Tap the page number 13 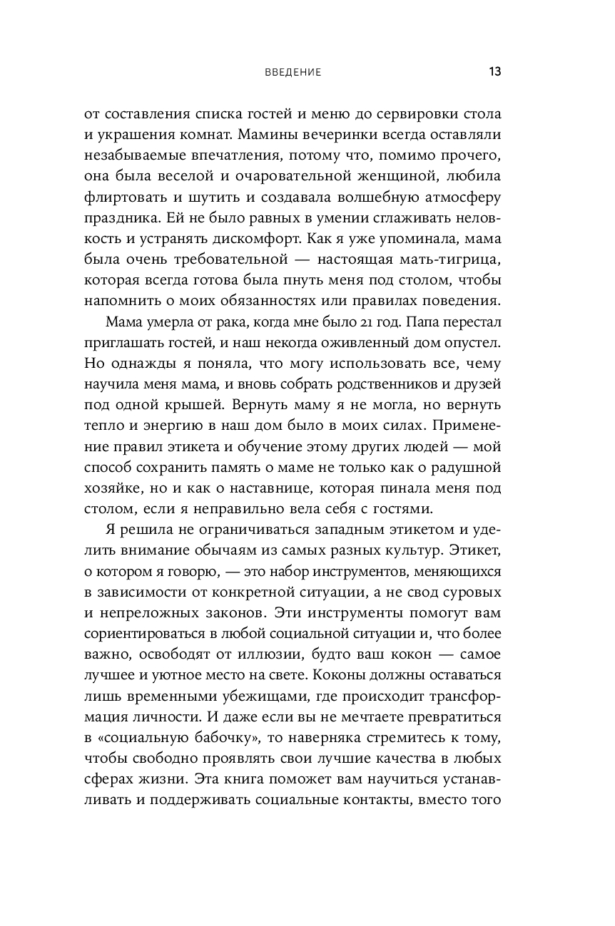point(494,72)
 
